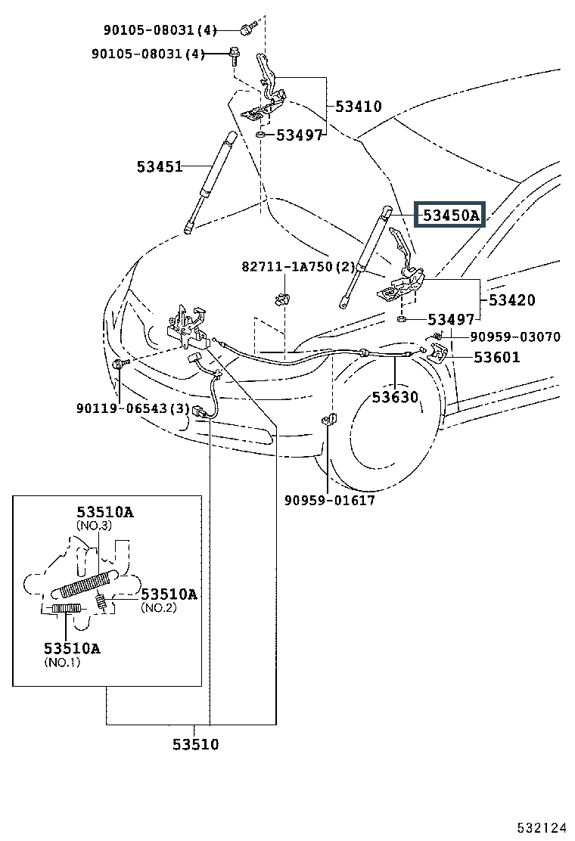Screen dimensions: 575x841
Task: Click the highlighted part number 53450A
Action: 450,215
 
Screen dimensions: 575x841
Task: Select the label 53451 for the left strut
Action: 160,166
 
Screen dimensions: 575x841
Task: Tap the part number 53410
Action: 359,106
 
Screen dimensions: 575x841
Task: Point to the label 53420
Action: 511,299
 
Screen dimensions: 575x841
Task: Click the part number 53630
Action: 395,397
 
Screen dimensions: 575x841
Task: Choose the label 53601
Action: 496,357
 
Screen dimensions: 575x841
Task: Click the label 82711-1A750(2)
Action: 298,266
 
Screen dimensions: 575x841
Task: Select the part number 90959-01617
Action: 329,501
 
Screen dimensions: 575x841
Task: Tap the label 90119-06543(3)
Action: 133,408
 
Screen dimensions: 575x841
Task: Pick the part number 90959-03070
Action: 515,337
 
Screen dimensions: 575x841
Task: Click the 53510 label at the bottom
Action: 195,744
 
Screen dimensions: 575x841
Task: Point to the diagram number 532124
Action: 541,827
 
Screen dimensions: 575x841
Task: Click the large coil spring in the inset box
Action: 85,585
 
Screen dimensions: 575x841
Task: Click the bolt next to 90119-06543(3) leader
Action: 120,365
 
